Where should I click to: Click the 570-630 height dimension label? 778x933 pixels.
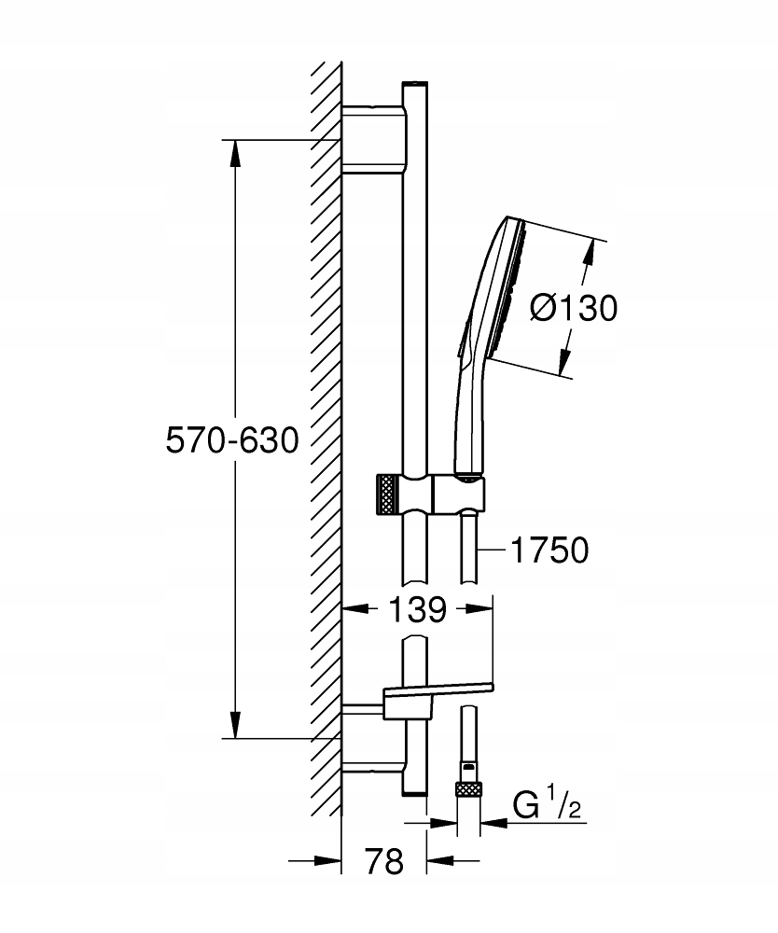[x=232, y=441]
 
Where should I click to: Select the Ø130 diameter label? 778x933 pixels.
[x=574, y=308]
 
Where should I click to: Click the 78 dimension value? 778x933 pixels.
[x=383, y=860]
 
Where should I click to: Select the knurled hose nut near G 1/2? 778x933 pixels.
[x=467, y=790]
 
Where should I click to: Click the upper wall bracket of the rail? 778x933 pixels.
[x=375, y=140]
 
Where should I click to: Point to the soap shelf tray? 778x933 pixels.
[x=439, y=689]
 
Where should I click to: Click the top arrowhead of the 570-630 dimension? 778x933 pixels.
[x=235, y=154]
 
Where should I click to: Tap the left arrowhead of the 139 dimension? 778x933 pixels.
[x=355, y=608]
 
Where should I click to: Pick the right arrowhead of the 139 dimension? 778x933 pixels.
[x=479, y=608]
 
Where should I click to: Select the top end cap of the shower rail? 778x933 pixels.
[x=414, y=84]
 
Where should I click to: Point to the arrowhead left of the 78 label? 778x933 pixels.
[x=327, y=860]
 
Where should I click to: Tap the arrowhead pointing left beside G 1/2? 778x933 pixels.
[x=493, y=824]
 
